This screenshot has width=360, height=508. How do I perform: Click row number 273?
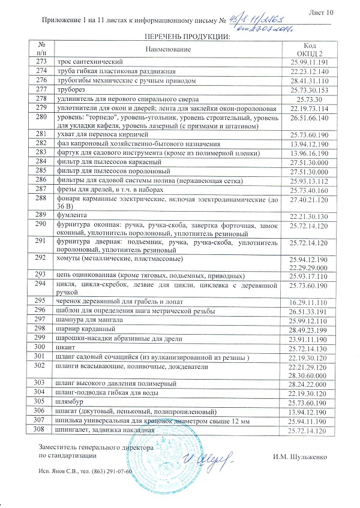point(41,62)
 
